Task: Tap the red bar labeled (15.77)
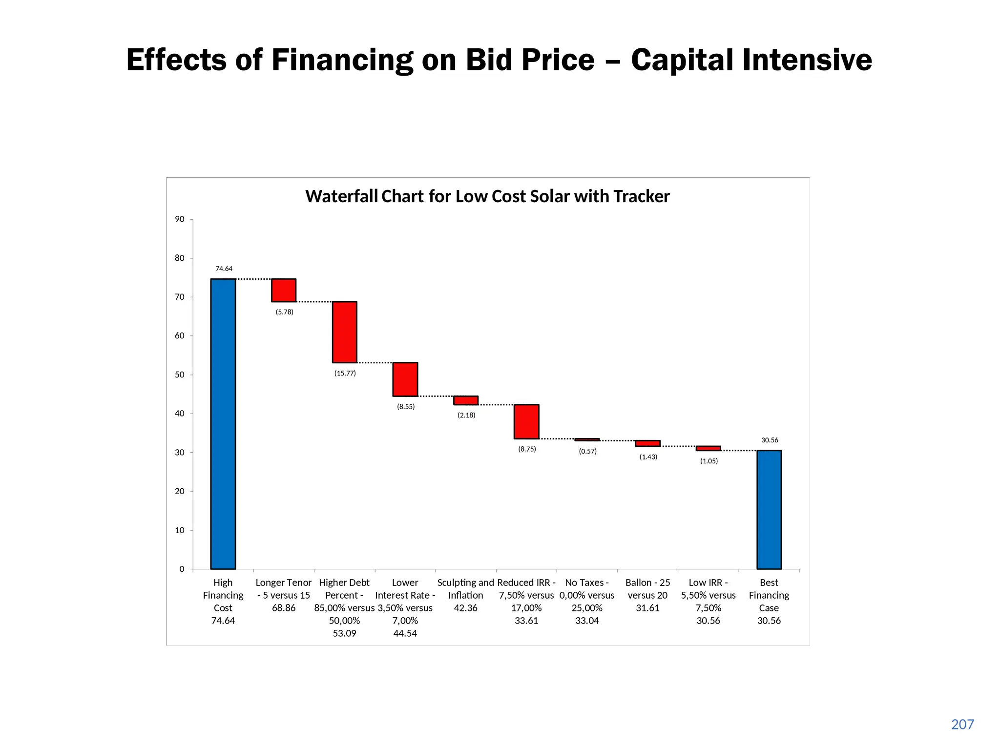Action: pos(345,332)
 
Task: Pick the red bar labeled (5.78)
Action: pos(284,290)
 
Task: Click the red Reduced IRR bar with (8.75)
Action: pos(526,421)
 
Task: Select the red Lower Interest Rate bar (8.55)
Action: pos(405,379)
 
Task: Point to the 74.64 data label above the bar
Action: pos(224,269)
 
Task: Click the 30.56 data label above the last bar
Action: pos(770,440)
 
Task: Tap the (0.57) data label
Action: pos(588,451)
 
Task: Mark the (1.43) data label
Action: pos(648,457)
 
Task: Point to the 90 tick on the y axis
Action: pos(180,219)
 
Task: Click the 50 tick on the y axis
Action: pos(180,375)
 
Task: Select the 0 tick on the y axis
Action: pos(182,569)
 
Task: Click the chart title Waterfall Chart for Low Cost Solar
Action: pos(487,196)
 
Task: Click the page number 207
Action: pos(962,724)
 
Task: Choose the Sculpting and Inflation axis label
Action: pos(466,589)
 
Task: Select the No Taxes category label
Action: pos(587,583)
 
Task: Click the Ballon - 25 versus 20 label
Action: pos(648,589)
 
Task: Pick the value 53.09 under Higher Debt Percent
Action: pos(344,633)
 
